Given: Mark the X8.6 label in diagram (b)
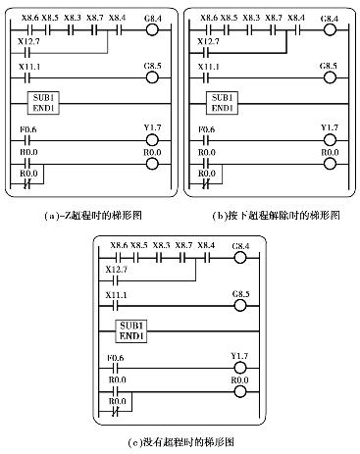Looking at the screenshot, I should point(208,17).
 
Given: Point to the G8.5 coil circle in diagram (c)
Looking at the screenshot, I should point(239,304).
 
